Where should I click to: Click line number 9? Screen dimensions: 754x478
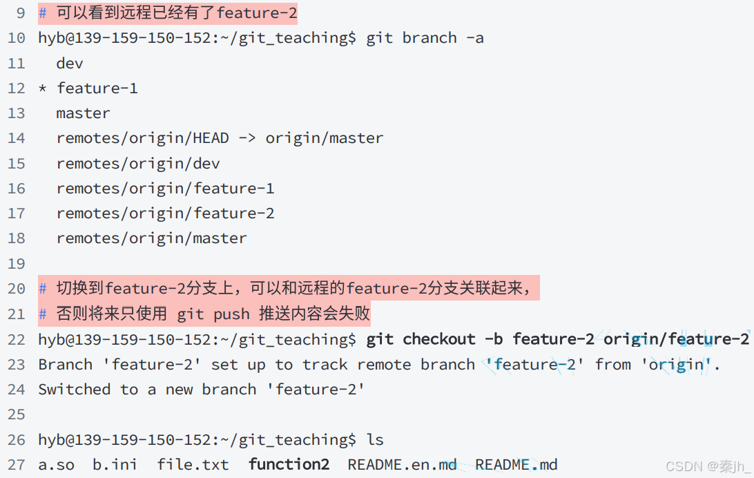pyautogui.click(x=20, y=13)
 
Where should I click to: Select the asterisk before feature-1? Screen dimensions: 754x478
pyautogui.click(x=43, y=89)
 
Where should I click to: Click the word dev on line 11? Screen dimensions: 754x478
pyautogui.click(x=70, y=64)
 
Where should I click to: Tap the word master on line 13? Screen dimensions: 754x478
pyautogui.click(x=83, y=113)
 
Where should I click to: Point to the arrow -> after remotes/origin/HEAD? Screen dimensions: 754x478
pyautogui.click(x=247, y=138)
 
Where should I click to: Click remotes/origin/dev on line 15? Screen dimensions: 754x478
pyautogui.click(x=138, y=164)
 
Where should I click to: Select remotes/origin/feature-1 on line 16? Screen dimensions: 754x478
pyautogui.click(x=165, y=189)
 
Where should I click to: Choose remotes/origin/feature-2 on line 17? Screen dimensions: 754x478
pyautogui.click(x=165, y=213)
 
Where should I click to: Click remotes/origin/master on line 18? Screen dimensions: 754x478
pyautogui.click(x=151, y=238)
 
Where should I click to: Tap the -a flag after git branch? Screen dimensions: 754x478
pyautogui.click(x=474, y=38)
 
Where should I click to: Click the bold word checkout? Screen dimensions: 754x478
pyautogui.click(x=439, y=339)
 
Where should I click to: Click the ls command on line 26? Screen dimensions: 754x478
pyautogui.click(x=375, y=440)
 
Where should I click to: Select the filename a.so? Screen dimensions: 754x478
pyautogui.click(x=56, y=465)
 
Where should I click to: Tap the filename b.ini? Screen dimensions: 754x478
pyautogui.click(x=115, y=465)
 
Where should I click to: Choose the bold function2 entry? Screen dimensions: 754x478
pyautogui.click(x=289, y=465)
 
